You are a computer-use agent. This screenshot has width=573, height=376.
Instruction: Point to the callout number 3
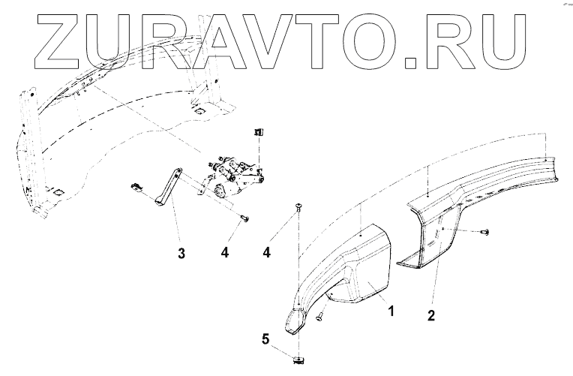[181, 253]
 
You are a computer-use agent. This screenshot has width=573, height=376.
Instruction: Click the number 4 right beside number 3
[225, 253]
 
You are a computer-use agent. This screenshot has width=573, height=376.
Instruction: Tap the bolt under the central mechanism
[244, 218]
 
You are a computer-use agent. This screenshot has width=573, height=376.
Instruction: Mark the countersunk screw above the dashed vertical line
[299, 209]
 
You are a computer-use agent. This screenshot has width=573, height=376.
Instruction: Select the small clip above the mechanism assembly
[258, 132]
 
